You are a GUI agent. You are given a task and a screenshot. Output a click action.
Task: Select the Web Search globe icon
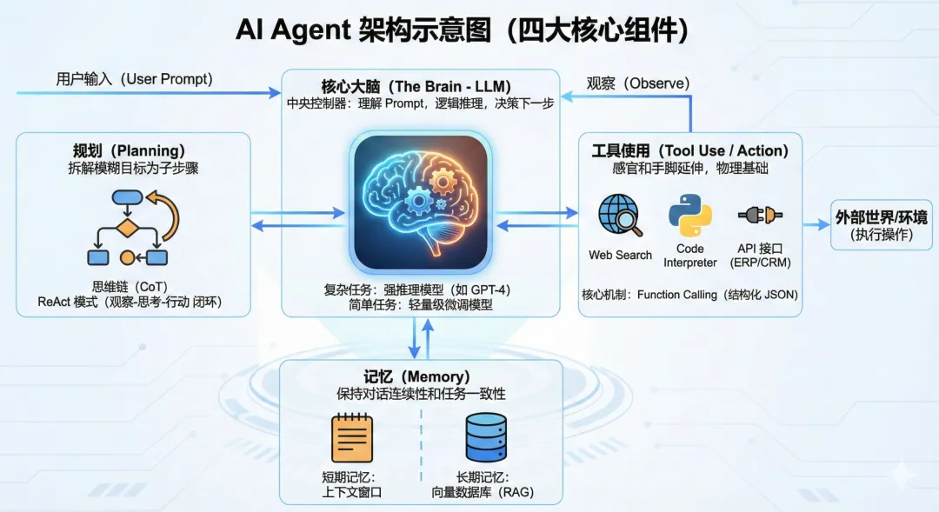620,216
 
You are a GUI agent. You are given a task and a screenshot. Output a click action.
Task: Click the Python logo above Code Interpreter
689,216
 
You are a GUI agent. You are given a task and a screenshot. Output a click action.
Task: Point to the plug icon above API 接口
761,216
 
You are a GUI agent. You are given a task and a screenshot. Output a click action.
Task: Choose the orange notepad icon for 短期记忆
351,438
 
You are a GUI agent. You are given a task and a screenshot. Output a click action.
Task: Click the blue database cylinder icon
486,438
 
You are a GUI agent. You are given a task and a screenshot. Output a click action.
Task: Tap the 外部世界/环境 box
881,224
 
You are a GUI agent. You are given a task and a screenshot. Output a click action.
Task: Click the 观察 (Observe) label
637,83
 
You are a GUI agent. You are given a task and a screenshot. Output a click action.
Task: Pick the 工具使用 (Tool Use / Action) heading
689,150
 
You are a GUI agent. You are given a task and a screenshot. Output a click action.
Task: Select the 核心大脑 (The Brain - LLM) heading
416,86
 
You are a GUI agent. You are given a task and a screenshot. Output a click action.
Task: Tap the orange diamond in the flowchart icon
128,229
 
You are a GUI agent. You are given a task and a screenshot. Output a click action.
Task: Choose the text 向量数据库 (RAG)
483,492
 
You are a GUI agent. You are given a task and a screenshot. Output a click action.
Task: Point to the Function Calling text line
689,295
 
